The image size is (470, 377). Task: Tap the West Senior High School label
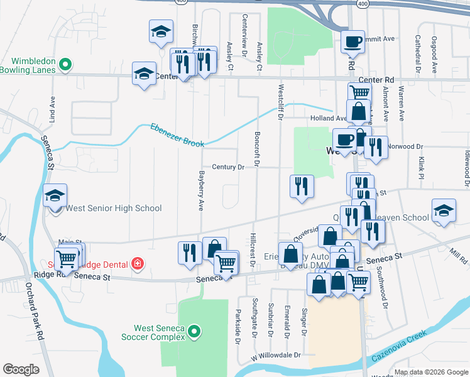(114, 208)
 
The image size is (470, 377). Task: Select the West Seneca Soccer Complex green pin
(195, 331)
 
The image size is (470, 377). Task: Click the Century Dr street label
(227, 167)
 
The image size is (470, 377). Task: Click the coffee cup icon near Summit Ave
(352, 41)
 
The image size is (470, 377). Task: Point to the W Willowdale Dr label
(277, 355)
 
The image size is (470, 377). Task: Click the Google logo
(21, 369)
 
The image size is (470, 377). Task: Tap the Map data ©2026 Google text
(430, 372)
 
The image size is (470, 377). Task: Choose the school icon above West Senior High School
(55, 195)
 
